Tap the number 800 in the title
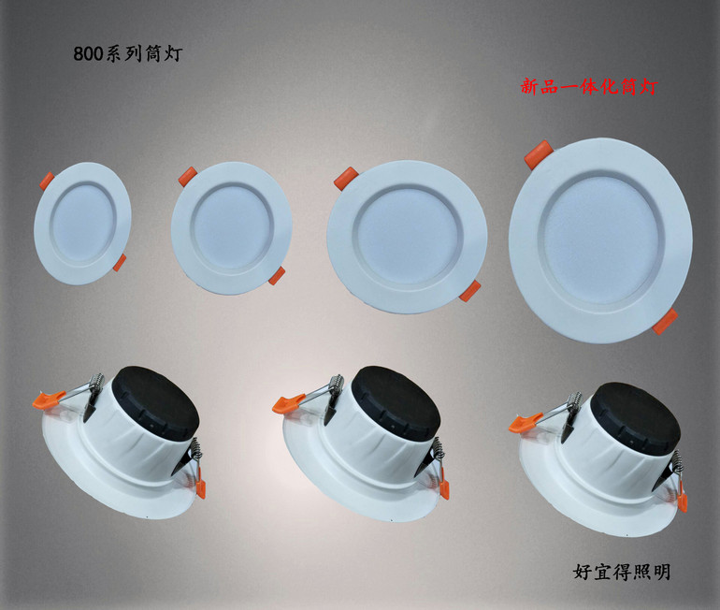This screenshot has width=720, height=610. click(90, 53)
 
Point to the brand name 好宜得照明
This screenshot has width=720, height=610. click(621, 572)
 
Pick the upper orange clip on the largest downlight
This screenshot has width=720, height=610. click(538, 153)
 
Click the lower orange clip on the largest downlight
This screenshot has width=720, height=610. click(665, 322)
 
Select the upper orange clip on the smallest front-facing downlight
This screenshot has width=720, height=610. click(46, 180)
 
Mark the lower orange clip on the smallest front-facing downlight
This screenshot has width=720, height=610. click(120, 263)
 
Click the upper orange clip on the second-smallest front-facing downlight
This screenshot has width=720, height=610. click(187, 175)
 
